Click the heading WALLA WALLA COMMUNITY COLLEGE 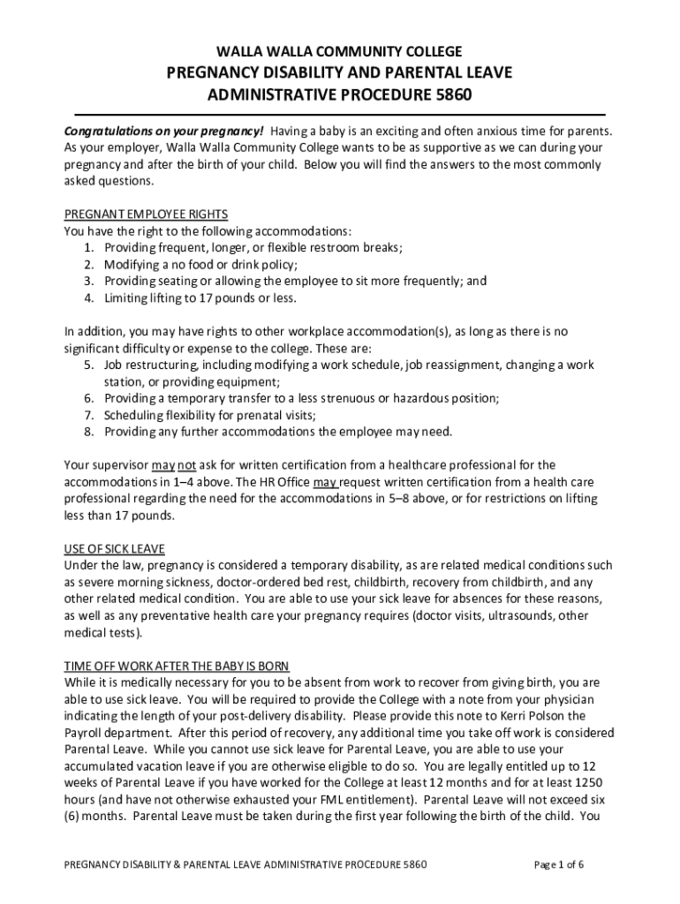(339, 51)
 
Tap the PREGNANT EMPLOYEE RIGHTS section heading (147, 215)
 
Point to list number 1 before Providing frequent (89, 248)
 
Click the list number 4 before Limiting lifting (89, 298)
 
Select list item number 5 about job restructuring (89, 365)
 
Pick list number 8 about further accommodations (89, 433)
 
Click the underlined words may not (174, 465)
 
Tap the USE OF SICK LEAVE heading (115, 549)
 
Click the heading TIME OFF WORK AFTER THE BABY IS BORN (178, 666)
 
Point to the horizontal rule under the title (339, 115)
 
